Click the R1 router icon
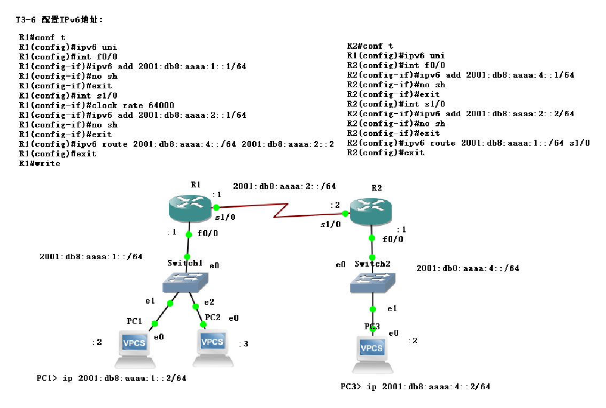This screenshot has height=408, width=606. pyautogui.click(x=189, y=208)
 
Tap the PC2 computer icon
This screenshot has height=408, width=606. pyautogui.click(x=213, y=347)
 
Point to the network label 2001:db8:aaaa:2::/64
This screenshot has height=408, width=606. pyautogui.click(x=284, y=186)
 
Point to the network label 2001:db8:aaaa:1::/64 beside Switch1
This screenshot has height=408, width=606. pyautogui.click(x=91, y=256)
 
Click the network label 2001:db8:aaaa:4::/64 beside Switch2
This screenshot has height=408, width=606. pyautogui.click(x=468, y=268)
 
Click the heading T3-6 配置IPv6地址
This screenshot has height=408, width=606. pyautogui.click(x=59, y=20)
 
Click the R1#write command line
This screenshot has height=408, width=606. pyautogui.click(x=40, y=163)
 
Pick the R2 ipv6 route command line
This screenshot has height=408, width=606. pyautogui.click(x=468, y=143)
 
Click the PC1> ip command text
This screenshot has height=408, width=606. pyautogui.click(x=111, y=378)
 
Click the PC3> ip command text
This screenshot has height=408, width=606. pyautogui.click(x=415, y=386)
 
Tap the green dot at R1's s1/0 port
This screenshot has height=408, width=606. pyautogui.click(x=216, y=207)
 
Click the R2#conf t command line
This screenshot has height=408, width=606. pyautogui.click(x=370, y=46)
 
